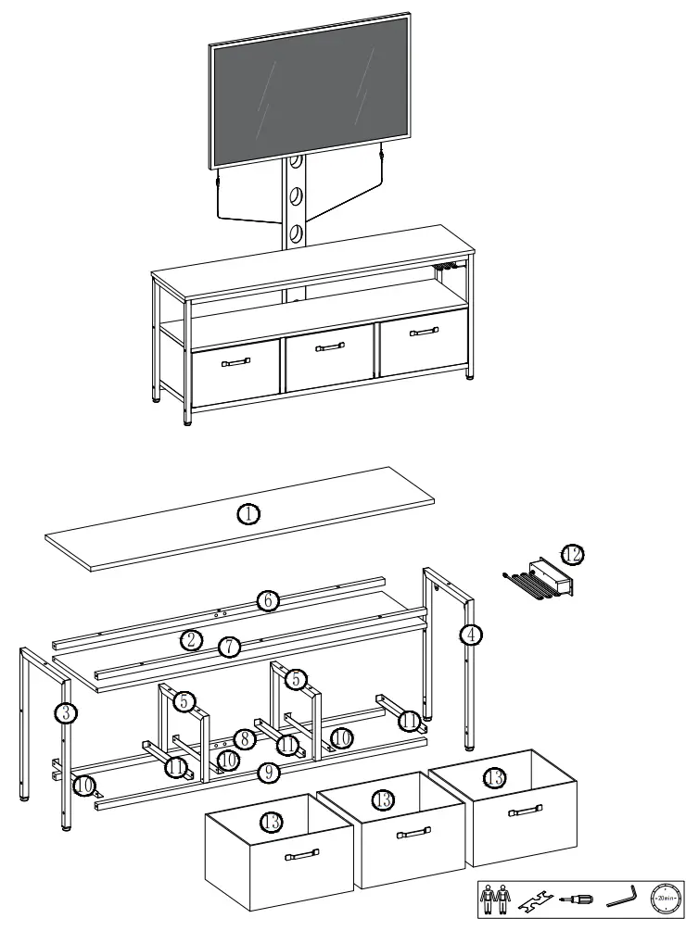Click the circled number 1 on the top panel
click(x=248, y=513)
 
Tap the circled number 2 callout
click(x=191, y=639)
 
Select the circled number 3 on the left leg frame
click(x=65, y=713)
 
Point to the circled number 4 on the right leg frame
click(x=471, y=635)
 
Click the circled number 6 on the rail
click(x=267, y=600)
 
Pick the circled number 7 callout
click(x=228, y=647)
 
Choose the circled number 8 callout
click(x=244, y=739)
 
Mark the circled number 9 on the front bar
click(x=268, y=772)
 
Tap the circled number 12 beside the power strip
click(x=572, y=555)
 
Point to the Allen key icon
click(x=620, y=898)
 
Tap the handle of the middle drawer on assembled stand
click(x=330, y=347)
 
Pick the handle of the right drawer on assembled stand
click(x=424, y=332)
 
